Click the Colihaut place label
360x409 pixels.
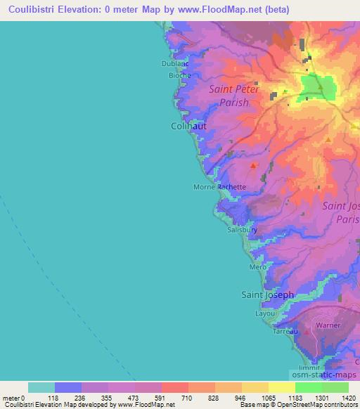click(189, 126)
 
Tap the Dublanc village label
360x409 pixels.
click(175, 63)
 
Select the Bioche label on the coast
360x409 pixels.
click(179, 75)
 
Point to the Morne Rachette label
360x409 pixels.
click(220, 187)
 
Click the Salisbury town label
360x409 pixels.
click(242, 230)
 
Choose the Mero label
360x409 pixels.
click(257, 268)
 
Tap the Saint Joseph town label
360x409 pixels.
click(268, 295)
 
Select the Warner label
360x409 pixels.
click(328, 325)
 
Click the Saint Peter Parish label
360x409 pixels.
click(234, 96)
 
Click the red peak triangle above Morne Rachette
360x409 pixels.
click(254, 165)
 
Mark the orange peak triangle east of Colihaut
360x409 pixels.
click(328, 140)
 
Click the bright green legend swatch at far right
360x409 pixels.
click(335, 387)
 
